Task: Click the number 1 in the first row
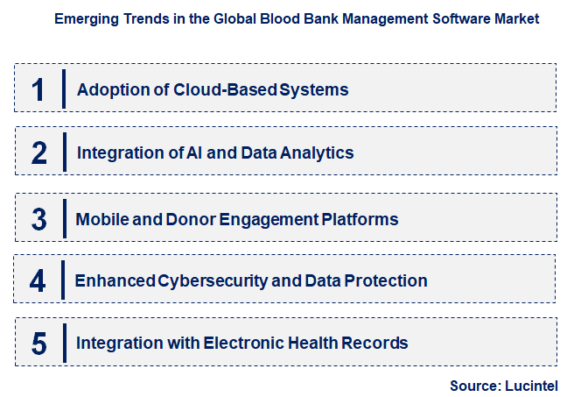(38, 89)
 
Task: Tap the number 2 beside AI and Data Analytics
(38, 152)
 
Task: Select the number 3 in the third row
(38, 218)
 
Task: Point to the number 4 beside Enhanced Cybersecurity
(38, 280)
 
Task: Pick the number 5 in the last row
(38, 343)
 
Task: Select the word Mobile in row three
(101, 218)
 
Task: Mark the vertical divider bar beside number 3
(64, 218)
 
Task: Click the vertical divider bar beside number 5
(64, 343)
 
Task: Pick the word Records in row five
(378, 343)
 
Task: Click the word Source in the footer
(473, 386)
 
